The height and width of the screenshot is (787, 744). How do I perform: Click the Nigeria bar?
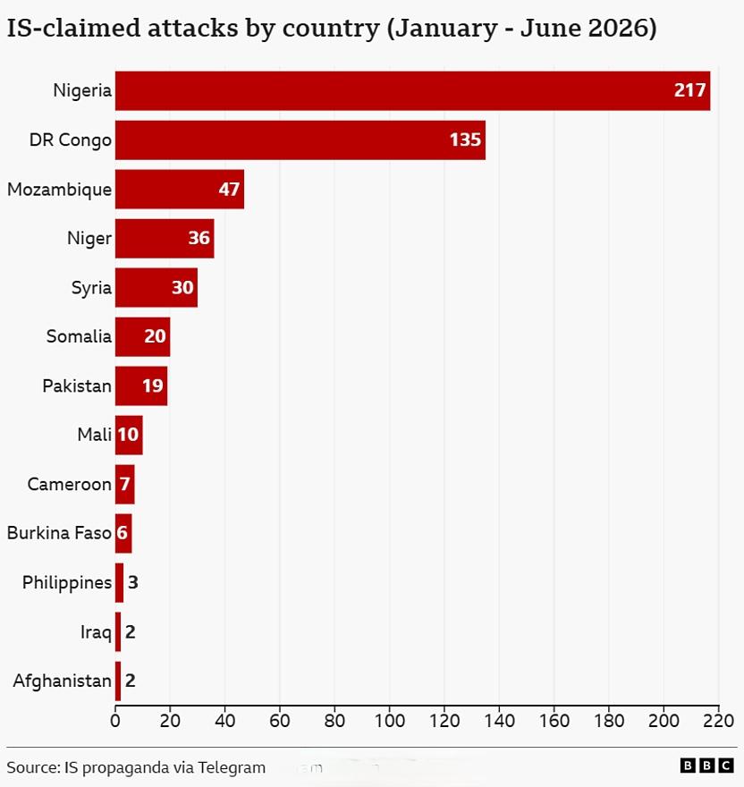[412, 91]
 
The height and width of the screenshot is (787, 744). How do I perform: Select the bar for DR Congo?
[300, 140]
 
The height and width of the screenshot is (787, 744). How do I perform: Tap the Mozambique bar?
[180, 190]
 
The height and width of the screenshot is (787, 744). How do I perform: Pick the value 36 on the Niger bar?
[199, 238]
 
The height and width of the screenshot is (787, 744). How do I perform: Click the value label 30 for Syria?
[182, 288]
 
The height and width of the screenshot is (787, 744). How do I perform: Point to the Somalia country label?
[79, 336]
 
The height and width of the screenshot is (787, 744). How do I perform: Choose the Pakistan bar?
[141, 386]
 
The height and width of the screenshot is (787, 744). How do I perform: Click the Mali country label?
[95, 435]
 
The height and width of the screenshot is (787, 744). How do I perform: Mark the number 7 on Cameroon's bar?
[124, 485]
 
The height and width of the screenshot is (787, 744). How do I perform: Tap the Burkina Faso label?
[59, 533]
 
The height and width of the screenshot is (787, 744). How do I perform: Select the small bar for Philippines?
[119, 583]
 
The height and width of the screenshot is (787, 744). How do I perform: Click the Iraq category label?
[96, 632]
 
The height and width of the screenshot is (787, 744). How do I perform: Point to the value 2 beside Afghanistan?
[130, 681]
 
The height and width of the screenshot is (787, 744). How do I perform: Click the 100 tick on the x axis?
[390, 721]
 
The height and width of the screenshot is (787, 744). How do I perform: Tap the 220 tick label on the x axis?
[718, 721]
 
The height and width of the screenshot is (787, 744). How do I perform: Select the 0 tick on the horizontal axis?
[115, 721]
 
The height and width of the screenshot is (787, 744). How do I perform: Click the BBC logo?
[706, 766]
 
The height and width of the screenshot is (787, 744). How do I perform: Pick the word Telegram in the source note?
[232, 768]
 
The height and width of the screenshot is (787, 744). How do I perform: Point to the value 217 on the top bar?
[689, 90]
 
